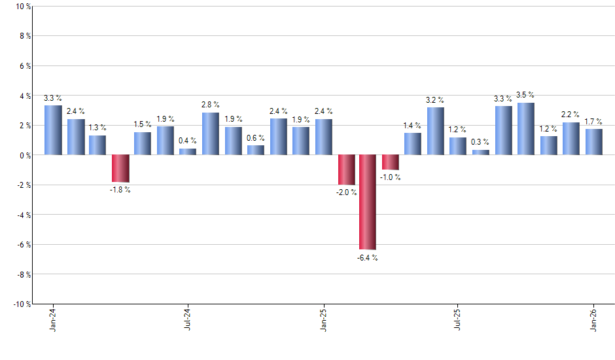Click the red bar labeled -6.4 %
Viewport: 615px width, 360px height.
click(x=368, y=202)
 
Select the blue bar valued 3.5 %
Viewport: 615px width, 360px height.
click(x=526, y=129)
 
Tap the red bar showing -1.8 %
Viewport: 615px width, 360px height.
click(x=120, y=168)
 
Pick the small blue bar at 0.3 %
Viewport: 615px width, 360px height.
click(x=481, y=153)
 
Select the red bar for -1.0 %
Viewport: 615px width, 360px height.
click(x=391, y=162)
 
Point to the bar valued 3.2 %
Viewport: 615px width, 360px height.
click(x=436, y=131)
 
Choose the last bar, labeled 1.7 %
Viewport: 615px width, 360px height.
click(x=594, y=142)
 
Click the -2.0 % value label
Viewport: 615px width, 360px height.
click(x=346, y=192)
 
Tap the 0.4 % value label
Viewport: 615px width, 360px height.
click(x=188, y=140)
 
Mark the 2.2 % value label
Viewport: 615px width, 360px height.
click(x=571, y=114)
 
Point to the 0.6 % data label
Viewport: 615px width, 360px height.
click(x=256, y=137)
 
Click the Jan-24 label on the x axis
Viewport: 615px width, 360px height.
click(x=52, y=319)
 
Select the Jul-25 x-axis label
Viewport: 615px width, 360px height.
click(x=458, y=319)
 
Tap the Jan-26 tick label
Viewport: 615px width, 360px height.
click(x=594, y=319)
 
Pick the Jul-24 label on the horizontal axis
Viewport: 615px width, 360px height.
click(x=188, y=319)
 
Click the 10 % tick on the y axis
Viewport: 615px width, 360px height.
click(x=22, y=7)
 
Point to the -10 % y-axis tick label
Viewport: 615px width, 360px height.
click(x=21, y=304)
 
